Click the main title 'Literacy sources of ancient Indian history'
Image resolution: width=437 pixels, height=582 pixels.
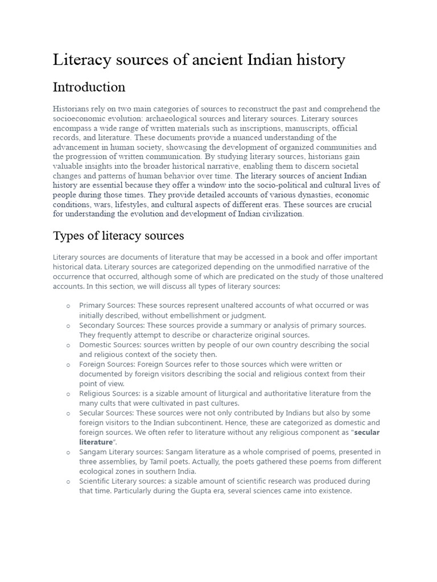(x=199, y=60)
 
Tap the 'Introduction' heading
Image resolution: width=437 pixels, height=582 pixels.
(x=89, y=87)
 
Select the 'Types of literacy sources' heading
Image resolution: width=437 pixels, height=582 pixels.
(x=118, y=235)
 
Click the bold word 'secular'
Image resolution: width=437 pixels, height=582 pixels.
(x=367, y=433)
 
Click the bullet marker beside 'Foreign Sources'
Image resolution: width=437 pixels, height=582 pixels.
(x=68, y=364)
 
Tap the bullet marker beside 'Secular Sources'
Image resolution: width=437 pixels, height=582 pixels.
(x=68, y=413)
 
